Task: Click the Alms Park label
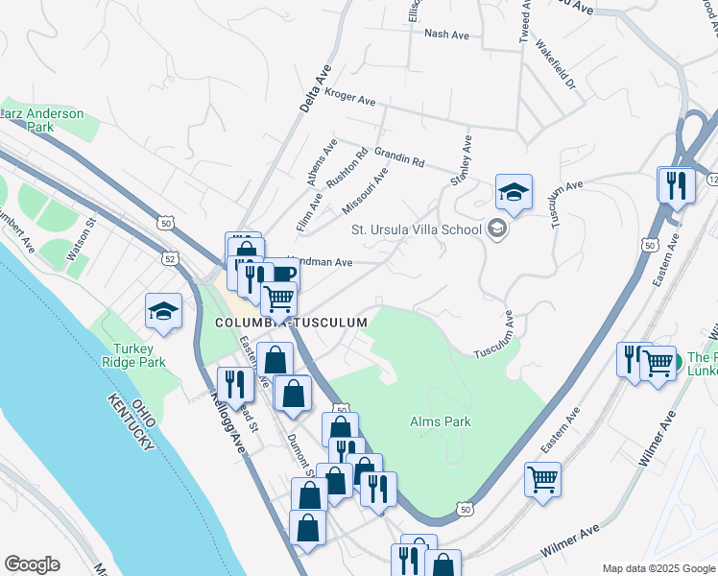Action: click(439, 421)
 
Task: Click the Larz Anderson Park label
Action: click(41, 119)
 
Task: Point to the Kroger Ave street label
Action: click(351, 96)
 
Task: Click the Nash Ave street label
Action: click(446, 35)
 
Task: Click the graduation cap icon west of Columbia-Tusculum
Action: click(164, 311)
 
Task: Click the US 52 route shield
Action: click(170, 259)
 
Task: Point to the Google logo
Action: click(32, 564)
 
